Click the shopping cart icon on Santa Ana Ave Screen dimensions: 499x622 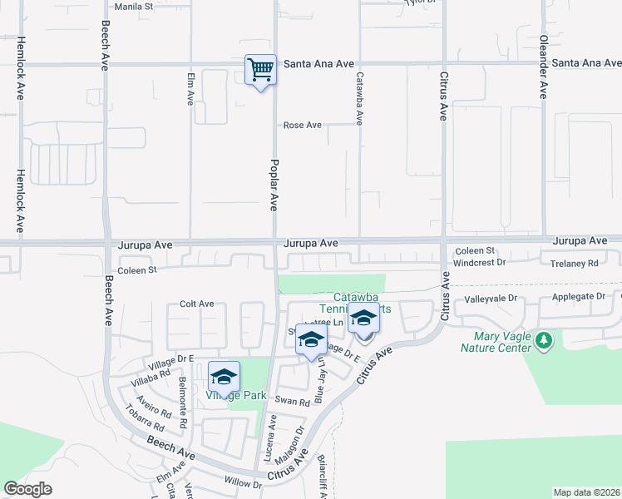tap(260, 69)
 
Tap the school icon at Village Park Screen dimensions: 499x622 tap(224, 377)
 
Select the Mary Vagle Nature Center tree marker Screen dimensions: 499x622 tap(544, 339)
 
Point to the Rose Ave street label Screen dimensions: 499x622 tap(303, 126)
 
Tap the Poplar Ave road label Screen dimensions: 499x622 tap(274, 185)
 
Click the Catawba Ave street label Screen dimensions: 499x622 tap(359, 98)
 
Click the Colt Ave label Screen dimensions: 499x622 tap(197, 304)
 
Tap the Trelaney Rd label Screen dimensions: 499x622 tap(575, 263)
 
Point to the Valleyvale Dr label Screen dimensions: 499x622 tap(491, 298)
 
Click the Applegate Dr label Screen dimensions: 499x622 tap(577, 298)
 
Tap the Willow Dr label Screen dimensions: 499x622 tap(243, 482)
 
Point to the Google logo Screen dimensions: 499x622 tap(28, 489)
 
